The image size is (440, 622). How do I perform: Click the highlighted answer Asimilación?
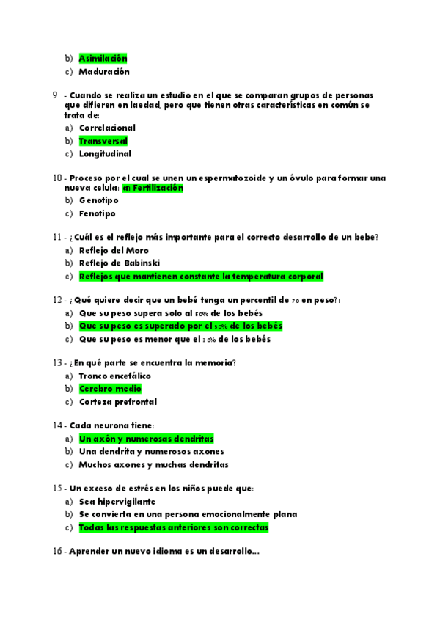103,58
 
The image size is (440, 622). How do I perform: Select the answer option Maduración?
104,72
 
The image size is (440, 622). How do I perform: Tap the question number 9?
56,96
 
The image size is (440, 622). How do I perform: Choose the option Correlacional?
107,128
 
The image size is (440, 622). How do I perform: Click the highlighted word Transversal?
103,141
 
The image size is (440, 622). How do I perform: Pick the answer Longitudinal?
105,154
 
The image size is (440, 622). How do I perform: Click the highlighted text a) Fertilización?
153,188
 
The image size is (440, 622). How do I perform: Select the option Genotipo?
98,200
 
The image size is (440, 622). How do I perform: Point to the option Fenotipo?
97,213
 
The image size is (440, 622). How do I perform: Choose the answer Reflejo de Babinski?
120,263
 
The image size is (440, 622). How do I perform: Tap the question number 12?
59,300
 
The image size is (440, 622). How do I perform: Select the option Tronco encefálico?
114,376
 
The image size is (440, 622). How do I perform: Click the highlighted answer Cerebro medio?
110,389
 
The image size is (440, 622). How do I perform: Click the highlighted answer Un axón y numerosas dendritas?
146,439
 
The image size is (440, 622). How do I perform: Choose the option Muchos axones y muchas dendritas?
153,464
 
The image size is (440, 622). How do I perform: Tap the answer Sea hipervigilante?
117,502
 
